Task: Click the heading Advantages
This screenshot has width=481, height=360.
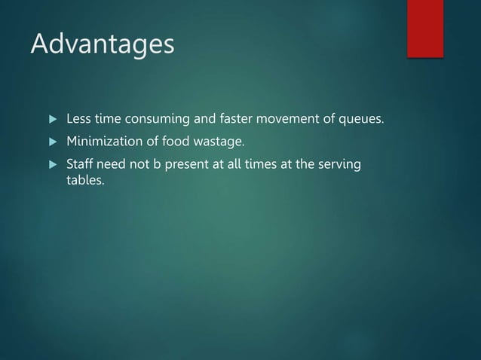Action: click(x=103, y=44)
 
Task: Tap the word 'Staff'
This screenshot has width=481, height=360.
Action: click(x=80, y=164)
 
